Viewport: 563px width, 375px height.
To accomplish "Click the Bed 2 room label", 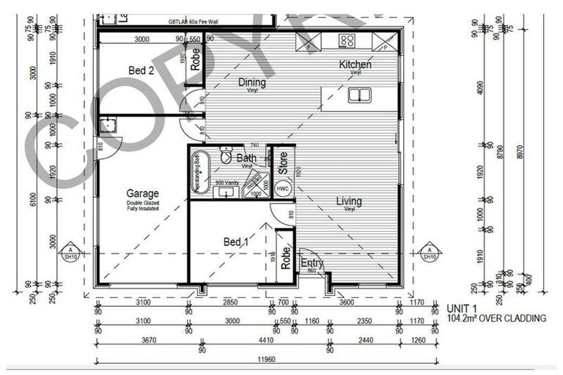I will [x=141, y=71].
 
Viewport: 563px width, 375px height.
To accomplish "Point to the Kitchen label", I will [x=355, y=64].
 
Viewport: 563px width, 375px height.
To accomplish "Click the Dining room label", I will [x=252, y=83].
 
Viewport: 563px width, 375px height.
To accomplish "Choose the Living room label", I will [x=349, y=201].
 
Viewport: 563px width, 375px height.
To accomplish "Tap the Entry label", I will [x=312, y=264].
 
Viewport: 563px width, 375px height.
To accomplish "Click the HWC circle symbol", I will [x=282, y=188].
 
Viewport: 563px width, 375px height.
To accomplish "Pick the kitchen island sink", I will [x=358, y=94].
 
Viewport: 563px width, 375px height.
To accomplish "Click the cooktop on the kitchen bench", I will [x=347, y=41].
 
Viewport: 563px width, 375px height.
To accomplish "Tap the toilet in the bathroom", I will [x=227, y=157].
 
